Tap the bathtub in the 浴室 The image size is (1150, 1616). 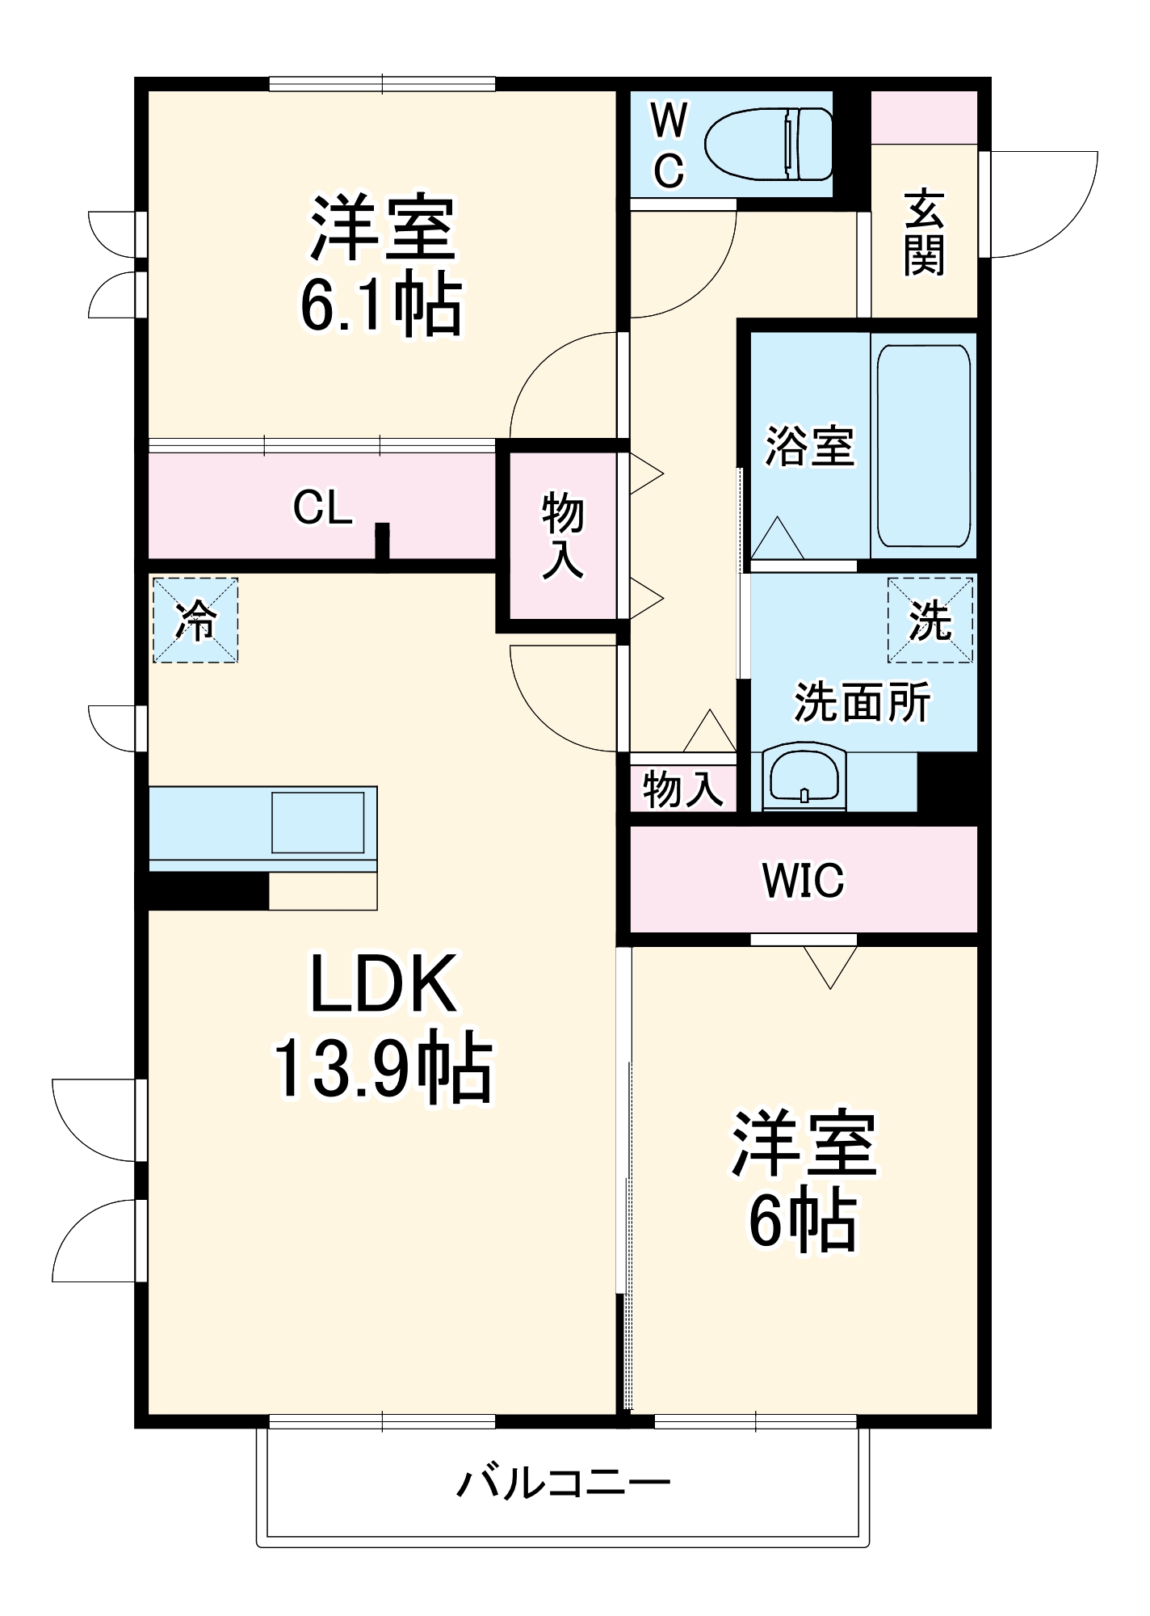923,446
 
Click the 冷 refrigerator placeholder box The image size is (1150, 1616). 195,621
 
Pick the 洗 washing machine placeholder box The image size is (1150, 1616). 930,621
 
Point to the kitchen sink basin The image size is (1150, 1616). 317,823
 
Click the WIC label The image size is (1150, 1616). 803,881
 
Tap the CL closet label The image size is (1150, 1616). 322,508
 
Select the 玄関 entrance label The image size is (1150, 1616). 924,233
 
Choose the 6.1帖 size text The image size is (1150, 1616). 381,307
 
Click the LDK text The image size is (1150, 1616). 383,984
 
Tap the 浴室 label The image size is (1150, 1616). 809,446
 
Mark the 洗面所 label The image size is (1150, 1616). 862,701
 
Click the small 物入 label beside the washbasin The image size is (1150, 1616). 682,789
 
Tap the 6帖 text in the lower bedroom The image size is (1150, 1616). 803,1222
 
